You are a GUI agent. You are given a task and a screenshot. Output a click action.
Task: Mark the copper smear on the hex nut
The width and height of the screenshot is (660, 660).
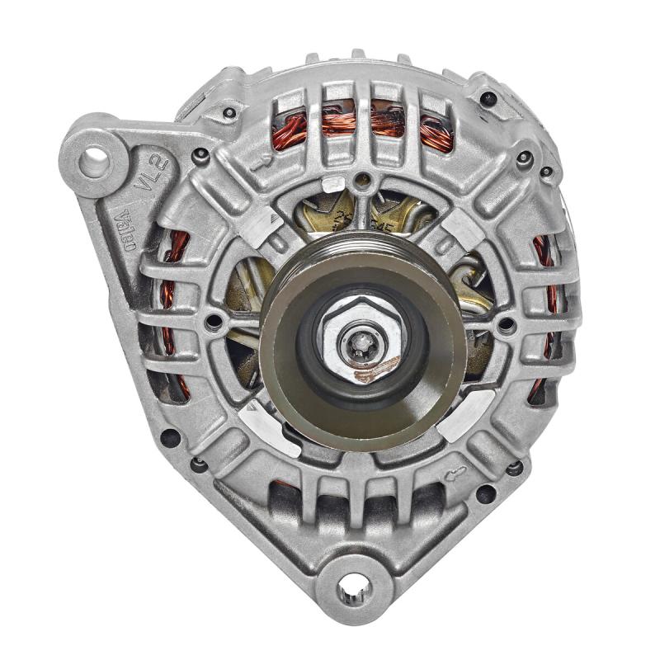[375, 370]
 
